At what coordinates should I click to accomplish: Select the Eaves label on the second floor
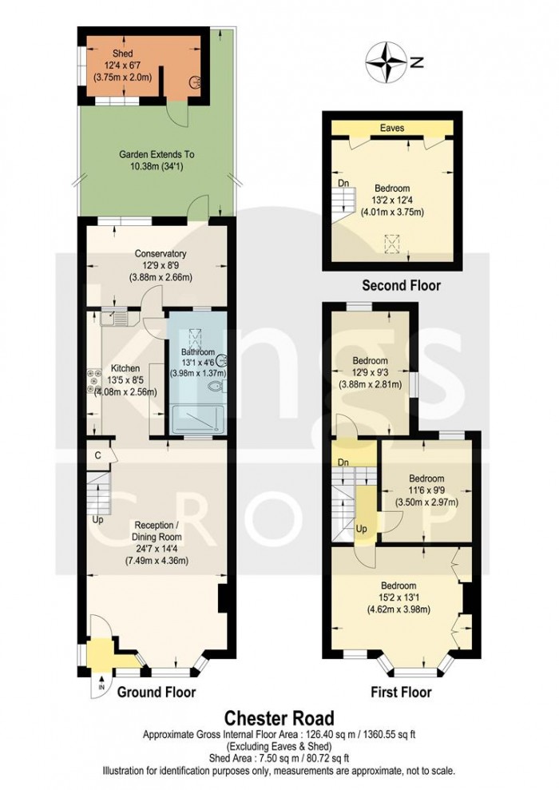pyautogui.click(x=391, y=128)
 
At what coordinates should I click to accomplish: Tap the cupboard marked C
pyautogui.click(x=97, y=455)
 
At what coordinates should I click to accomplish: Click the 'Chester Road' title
pyautogui.click(x=279, y=718)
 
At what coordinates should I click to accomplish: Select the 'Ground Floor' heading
pyautogui.click(x=157, y=692)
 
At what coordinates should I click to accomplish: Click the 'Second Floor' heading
pyautogui.click(x=401, y=285)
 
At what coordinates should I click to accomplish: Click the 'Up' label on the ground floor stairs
pyautogui.click(x=97, y=519)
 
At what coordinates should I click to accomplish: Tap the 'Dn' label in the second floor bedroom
pyautogui.click(x=343, y=183)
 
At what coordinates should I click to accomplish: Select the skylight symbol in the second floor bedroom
pyautogui.click(x=392, y=242)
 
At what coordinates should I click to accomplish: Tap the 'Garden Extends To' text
pyautogui.click(x=157, y=154)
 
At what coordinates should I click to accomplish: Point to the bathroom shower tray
pyautogui.click(x=196, y=419)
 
